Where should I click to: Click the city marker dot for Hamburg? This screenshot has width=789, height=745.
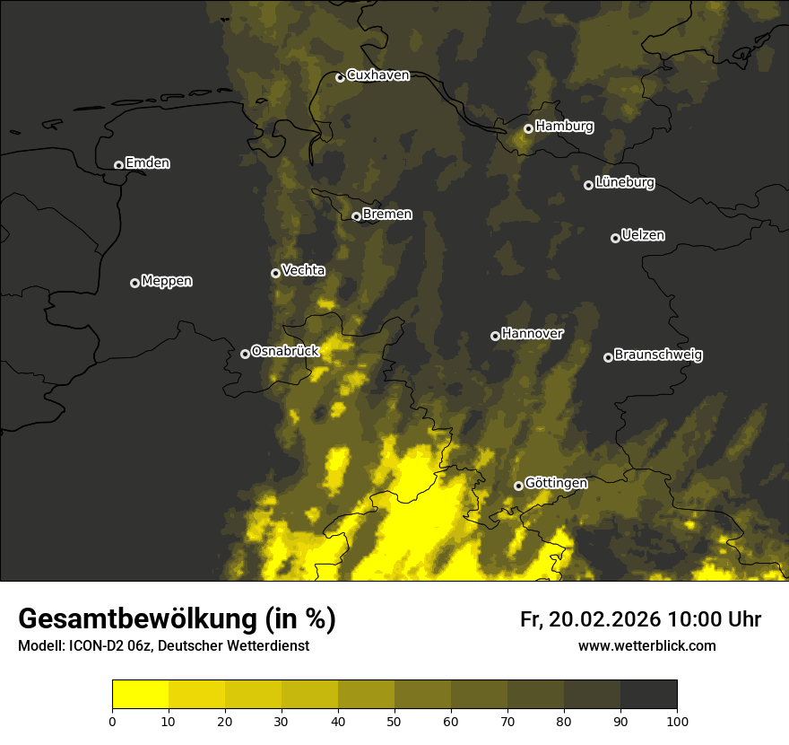click(528, 128)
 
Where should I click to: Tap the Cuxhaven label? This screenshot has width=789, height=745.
click(377, 75)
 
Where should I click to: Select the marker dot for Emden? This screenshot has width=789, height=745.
click(118, 165)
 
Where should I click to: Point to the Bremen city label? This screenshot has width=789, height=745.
click(387, 215)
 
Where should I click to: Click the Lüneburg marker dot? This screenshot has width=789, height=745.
click(588, 185)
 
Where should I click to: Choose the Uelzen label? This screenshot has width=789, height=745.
click(643, 235)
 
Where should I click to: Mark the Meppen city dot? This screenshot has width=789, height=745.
click(134, 283)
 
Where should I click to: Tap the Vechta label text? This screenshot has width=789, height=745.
click(303, 270)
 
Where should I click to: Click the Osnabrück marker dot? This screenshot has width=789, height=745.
click(245, 354)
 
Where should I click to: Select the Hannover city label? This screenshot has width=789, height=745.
click(533, 334)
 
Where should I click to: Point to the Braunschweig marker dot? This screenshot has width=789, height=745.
click(608, 357)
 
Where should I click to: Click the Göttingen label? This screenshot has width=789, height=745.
click(556, 483)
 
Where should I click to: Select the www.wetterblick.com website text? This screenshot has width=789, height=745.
click(646, 646)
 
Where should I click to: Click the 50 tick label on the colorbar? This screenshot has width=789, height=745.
click(394, 721)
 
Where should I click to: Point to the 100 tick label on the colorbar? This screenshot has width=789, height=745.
click(677, 721)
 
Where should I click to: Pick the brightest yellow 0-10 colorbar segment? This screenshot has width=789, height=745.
click(140, 695)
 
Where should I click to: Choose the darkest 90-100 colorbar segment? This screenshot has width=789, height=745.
click(648, 695)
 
